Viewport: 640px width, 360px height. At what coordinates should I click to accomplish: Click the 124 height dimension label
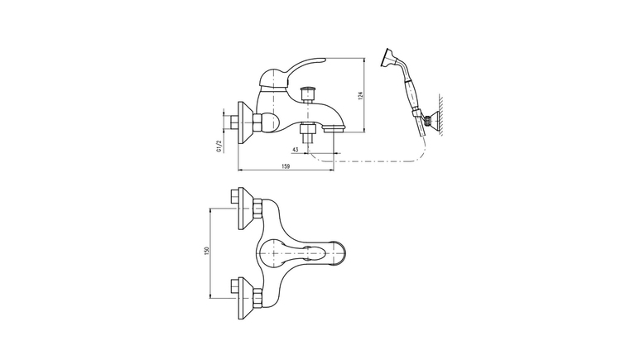click(x=360, y=95)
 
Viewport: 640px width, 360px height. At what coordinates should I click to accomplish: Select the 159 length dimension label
click(x=286, y=166)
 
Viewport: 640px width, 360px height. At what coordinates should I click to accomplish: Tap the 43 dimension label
click(x=296, y=150)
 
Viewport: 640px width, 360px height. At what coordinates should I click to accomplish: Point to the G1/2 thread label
click(x=219, y=146)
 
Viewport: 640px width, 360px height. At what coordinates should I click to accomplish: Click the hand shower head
click(x=387, y=59)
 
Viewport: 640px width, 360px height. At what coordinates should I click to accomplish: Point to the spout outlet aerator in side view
click(x=334, y=129)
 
